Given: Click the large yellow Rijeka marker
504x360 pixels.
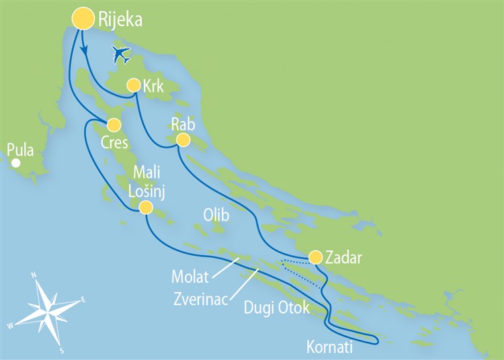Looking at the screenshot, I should point(83,18).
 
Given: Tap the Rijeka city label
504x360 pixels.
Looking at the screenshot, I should point(120,20).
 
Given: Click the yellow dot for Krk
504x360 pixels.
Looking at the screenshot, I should point(133,85).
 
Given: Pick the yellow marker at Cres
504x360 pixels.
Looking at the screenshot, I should point(114,125).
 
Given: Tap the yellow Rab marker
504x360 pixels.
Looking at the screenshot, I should point(182,140).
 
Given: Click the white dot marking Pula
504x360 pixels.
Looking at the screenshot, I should point(15,163).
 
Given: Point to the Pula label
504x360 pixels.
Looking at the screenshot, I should point(20,149).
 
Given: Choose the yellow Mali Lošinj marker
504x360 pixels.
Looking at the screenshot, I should point(146,209).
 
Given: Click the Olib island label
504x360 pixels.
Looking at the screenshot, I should point(216,216).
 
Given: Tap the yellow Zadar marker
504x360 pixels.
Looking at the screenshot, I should point(315,257).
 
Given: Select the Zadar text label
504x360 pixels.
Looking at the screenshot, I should point(345,257).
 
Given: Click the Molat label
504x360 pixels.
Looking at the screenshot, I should point(190,275).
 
